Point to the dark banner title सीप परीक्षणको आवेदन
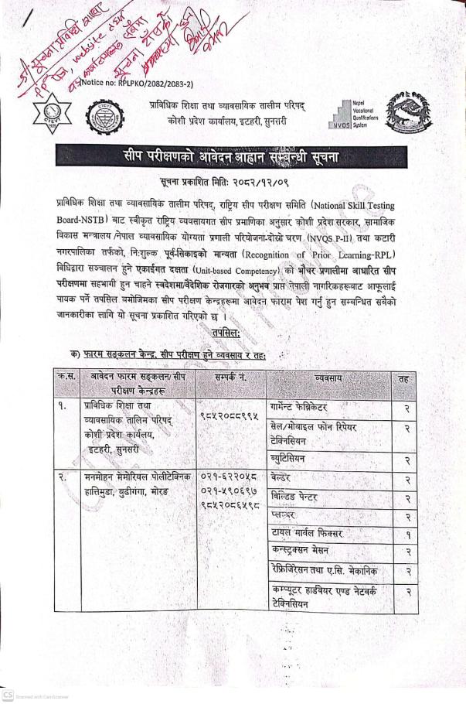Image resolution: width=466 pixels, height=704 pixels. pyautogui.click(x=233, y=158)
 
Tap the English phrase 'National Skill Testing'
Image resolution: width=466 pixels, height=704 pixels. pyautogui.click(x=367, y=206)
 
